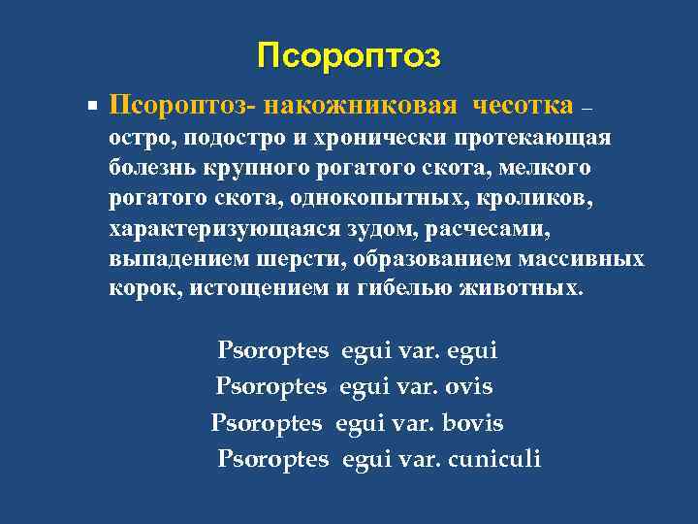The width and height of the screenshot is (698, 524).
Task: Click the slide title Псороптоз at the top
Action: [349, 56]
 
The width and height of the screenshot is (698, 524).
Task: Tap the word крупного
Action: [255, 168]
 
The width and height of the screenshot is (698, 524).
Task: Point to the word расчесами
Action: [495, 230]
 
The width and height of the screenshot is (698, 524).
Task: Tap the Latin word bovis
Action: [473, 423]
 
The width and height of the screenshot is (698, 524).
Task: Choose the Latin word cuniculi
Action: [493, 458]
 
